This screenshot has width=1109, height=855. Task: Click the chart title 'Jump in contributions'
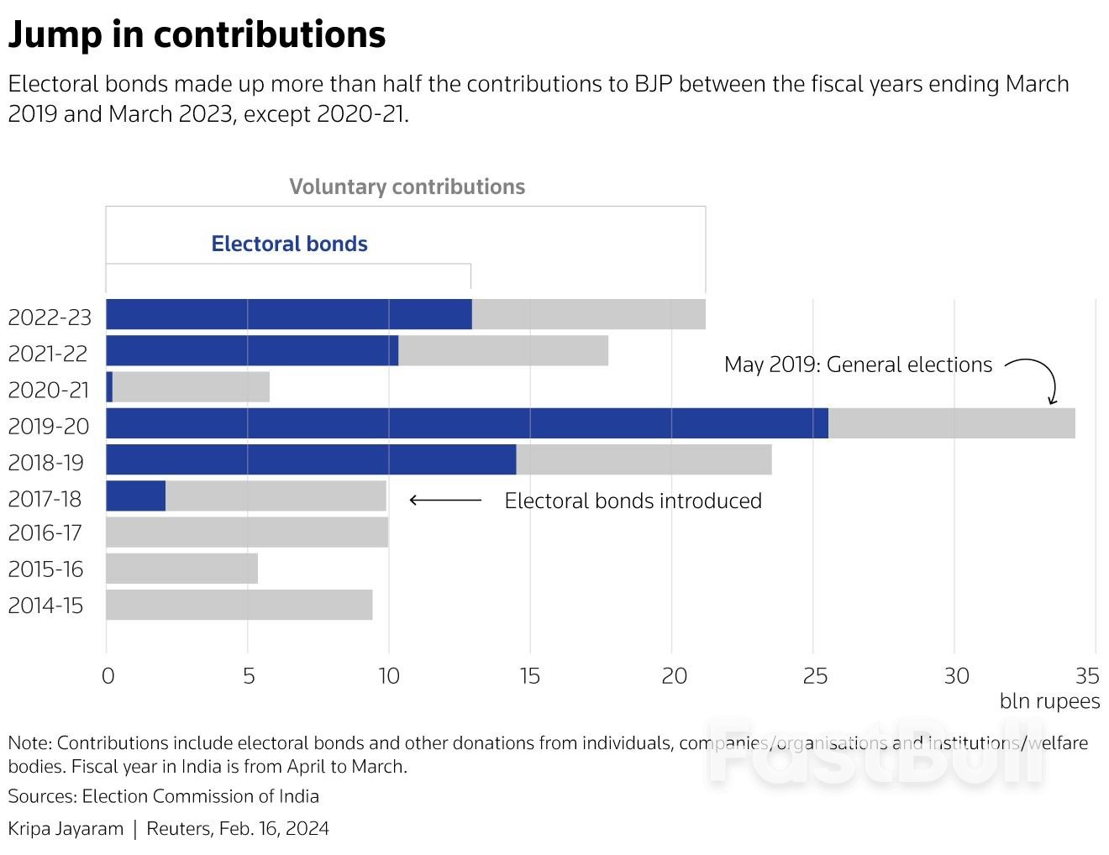point(197,34)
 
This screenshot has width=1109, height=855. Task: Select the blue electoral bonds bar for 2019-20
point(467,423)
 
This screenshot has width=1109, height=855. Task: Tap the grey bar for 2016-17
point(247,532)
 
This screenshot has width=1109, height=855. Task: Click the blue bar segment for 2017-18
point(136,496)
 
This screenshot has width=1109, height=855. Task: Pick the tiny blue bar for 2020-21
point(109,387)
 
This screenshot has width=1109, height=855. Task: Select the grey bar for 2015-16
point(181,569)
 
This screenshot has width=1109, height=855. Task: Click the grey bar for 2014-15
point(239,605)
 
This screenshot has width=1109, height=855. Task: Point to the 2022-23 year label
point(50,317)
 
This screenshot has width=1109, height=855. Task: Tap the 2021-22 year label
point(48,354)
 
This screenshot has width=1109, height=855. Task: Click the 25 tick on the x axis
point(814,676)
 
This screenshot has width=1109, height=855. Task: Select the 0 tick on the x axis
point(108,676)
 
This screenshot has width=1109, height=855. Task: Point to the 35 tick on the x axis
point(1087,676)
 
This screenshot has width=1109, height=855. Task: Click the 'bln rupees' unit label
point(1049,701)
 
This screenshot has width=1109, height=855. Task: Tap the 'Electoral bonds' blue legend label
point(289,244)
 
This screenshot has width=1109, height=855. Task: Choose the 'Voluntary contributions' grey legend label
point(407,186)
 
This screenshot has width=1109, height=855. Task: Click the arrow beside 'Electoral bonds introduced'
point(445,501)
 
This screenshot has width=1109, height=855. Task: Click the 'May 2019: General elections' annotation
point(858,365)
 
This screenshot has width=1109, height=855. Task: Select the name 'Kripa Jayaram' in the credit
point(66,828)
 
